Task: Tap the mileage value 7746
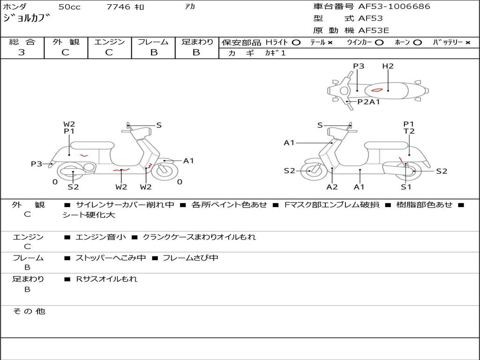click(119, 7)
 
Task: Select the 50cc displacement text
click(68, 7)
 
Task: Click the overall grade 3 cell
click(22, 52)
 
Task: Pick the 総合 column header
click(22, 42)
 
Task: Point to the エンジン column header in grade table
click(109, 42)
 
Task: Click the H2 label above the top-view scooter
click(388, 66)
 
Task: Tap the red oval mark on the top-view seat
click(378, 89)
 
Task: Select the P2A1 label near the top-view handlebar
click(368, 102)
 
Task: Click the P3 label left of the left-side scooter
click(37, 164)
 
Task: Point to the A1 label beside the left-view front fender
click(188, 161)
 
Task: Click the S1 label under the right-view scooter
click(406, 187)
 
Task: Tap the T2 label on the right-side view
click(409, 131)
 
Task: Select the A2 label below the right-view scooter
click(332, 187)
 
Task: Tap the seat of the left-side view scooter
click(92, 145)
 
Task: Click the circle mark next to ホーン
click(418, 42)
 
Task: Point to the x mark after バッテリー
click(468, 42)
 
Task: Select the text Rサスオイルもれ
click(107, 279)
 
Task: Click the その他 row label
click(29, 311)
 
